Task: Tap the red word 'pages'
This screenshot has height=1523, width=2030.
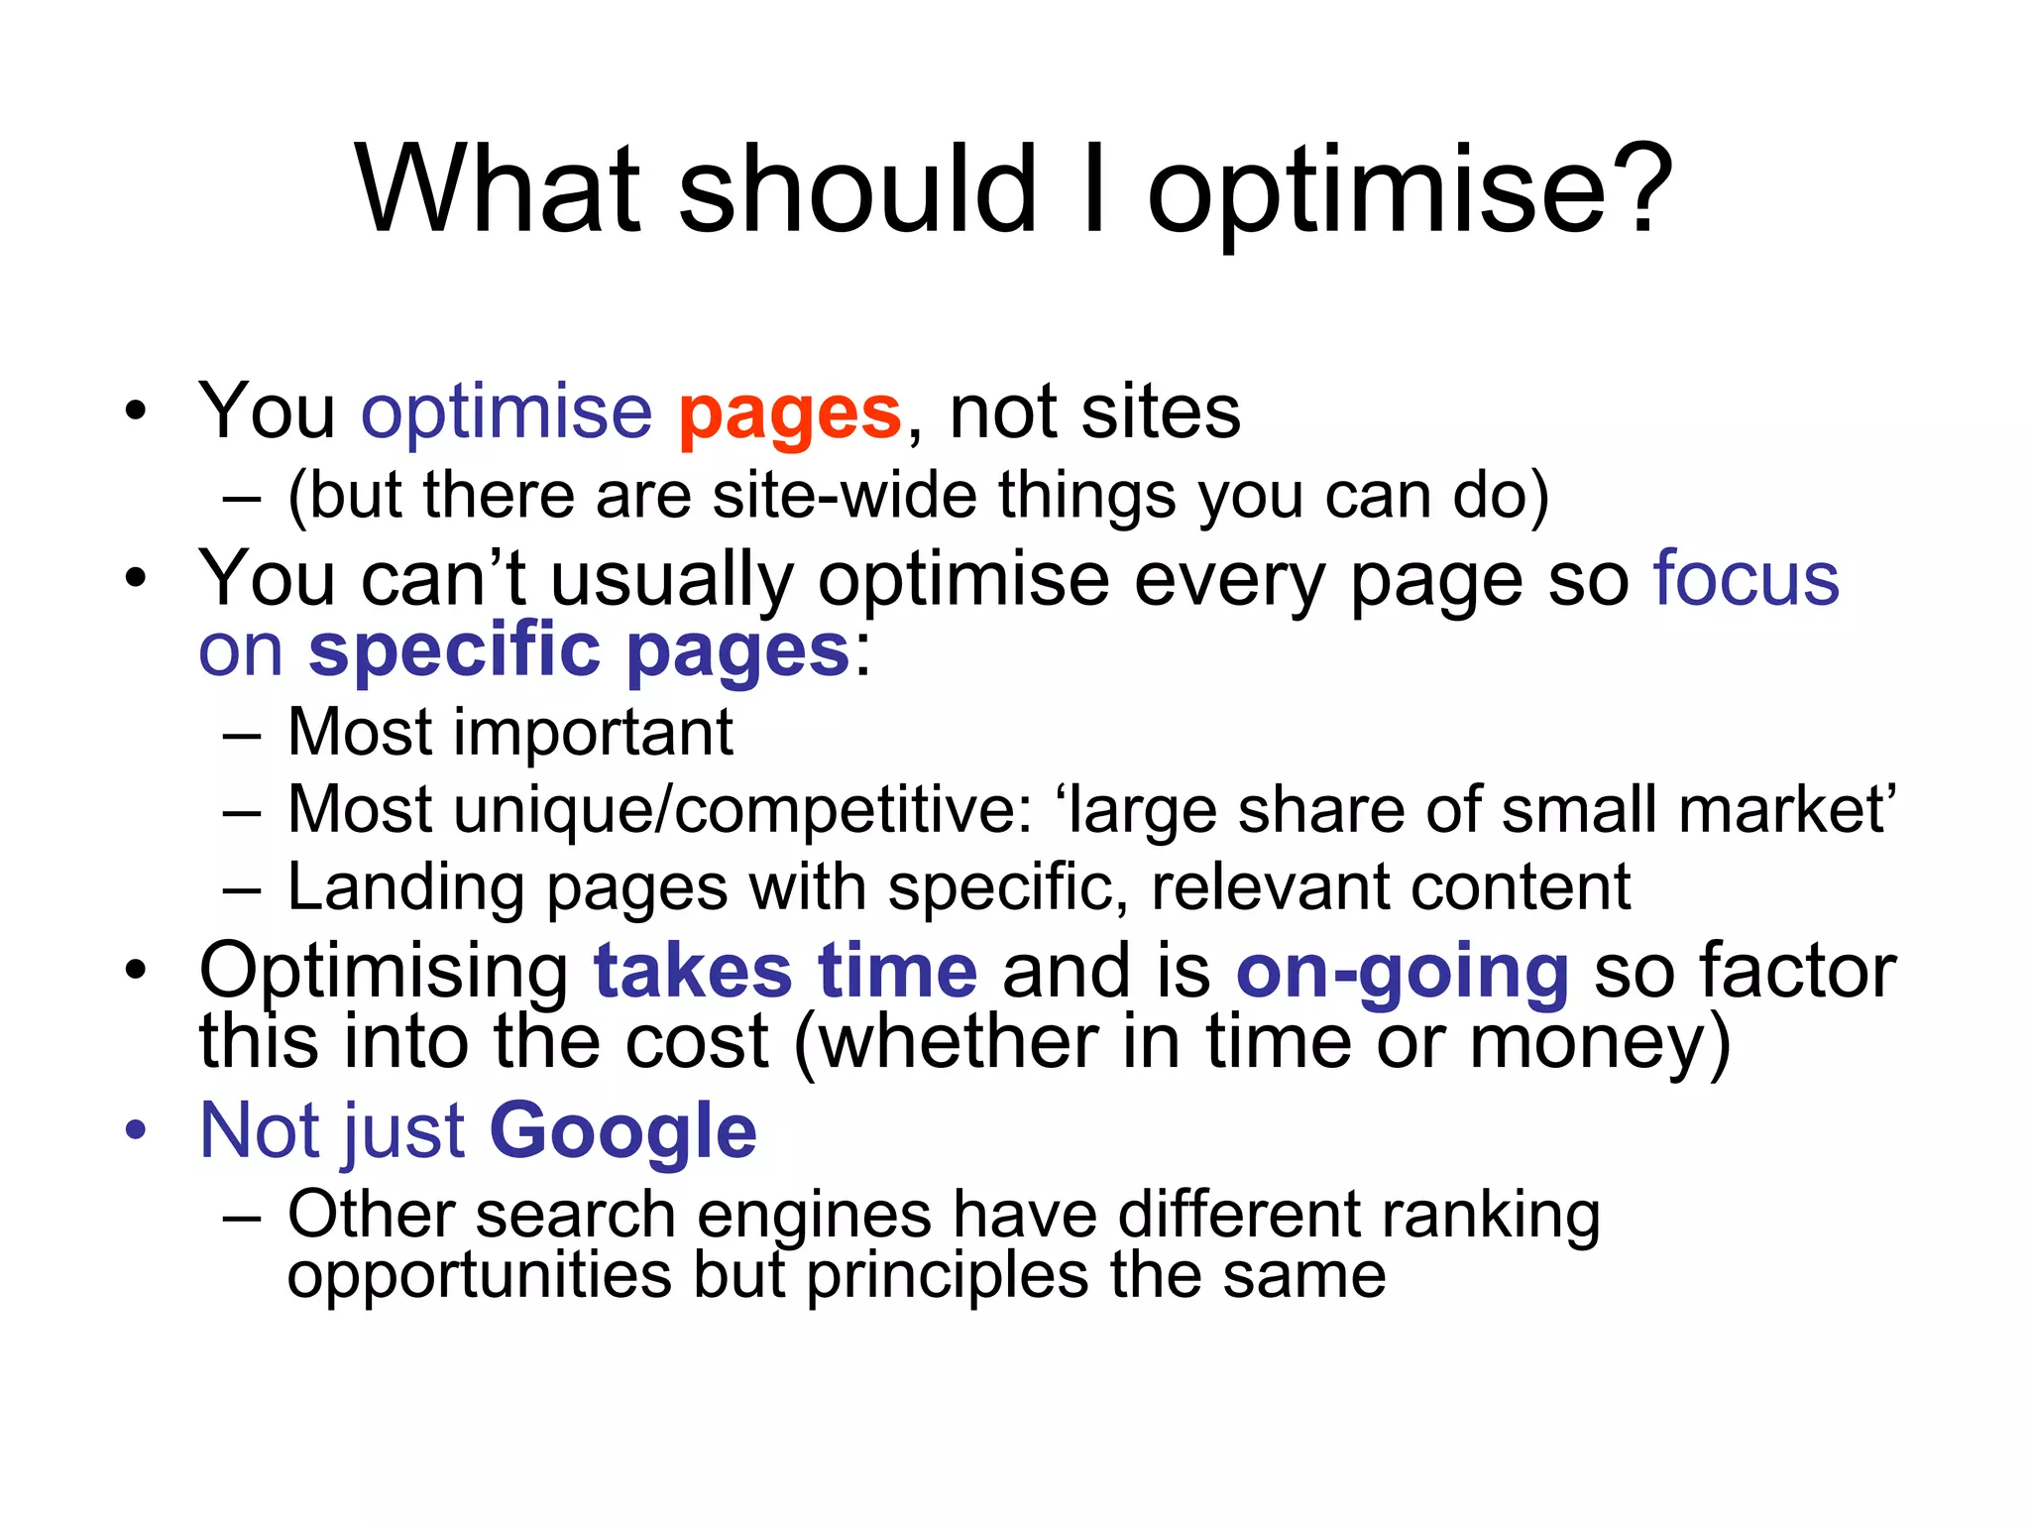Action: click(x=789, y=414)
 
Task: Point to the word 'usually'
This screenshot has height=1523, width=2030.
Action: click(x=671, y=579)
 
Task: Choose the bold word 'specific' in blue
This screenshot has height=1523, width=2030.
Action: click(x=454, y=650)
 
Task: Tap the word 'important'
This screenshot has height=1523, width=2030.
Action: click(x=594, y=733)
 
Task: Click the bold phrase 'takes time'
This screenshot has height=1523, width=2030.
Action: click(x=785, y=972)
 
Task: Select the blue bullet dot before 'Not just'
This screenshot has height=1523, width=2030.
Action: click(x=136, y=1129)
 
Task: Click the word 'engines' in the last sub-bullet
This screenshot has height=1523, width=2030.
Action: click(x=814, y=1216)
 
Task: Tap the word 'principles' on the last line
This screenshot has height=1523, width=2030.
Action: click(x=946, y=1276)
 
